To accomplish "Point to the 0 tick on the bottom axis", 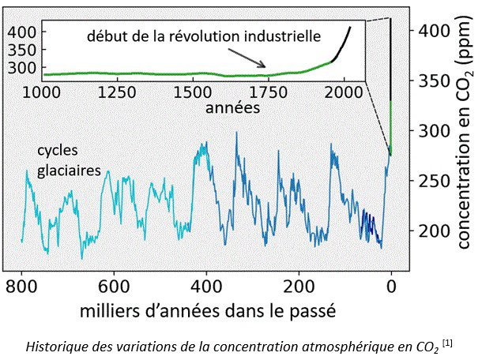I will pyautogui.click(x=391, y=286).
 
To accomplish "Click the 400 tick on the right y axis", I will pyautogui.click(x=433, y=31).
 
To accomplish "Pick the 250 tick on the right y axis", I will pyautogui.click(x=433, y=181).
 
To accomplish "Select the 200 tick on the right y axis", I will pyautogui.click(x=433, y=231).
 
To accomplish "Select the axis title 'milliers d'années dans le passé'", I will pyautogui.click(x=208, y=310).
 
